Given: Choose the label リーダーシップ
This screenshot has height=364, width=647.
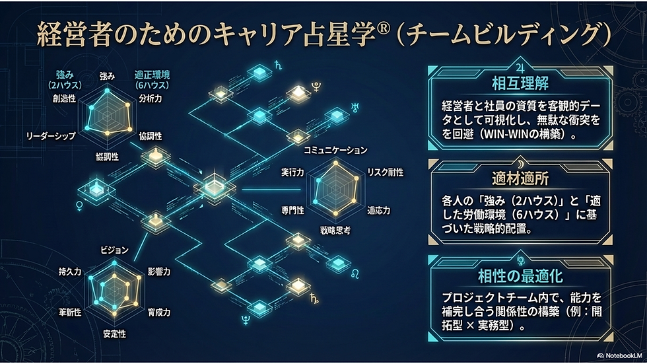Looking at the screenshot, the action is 50,135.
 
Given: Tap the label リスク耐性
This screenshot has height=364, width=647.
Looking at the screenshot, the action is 385,172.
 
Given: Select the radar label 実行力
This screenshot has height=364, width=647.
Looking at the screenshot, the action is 292,172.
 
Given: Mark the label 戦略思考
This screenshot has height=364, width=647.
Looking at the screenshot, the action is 335,231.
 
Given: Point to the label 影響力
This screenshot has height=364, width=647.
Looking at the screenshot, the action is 159,272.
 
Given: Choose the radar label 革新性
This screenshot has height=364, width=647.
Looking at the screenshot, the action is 69,311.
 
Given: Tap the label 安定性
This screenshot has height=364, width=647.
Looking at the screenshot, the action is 114,334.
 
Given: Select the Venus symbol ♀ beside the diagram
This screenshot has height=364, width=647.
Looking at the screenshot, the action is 81,206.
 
